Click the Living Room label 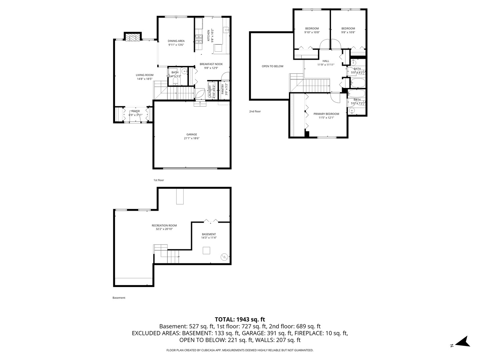coord(144,75)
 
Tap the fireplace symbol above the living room coord(133,37)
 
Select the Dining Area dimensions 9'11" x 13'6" coord(176,45)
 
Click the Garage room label coord(192,134)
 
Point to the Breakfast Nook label coord(211,64)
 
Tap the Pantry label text coord(223,89)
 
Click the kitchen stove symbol coord(199,39)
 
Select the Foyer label coord(135,111)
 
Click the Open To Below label coord(272,66)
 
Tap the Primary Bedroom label coord(326,114)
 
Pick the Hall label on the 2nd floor coord(326,61)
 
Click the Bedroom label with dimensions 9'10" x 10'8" coord(312,29)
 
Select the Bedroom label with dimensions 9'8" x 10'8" coord(348,29)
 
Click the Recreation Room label coord(164,226)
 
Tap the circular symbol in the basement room coord(224,257)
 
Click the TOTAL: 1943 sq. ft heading coord(240,319)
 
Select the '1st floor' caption coord(159,180)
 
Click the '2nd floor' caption coord(255,111)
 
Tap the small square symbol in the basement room coord(206,250)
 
